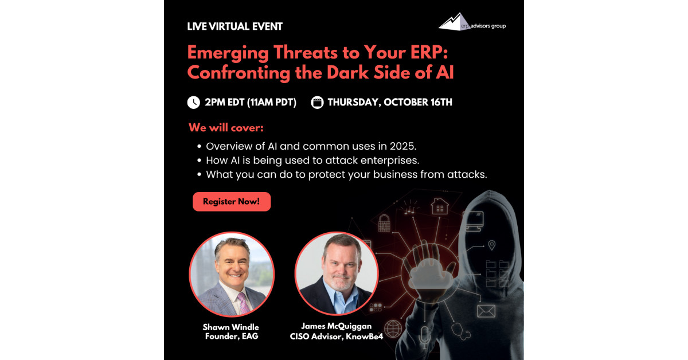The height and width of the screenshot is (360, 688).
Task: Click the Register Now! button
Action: click(x=232, y=202)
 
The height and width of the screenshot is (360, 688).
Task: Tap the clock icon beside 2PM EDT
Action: click(x=194, y=102)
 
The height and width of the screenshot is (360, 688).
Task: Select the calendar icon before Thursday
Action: click(x=317, y=102)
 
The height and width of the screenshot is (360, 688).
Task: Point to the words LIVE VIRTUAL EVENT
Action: click(x=234, y=26)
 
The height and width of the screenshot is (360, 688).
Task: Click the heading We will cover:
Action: click(x=226, y=127)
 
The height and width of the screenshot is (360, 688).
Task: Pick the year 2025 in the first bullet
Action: click(x=403, y=146)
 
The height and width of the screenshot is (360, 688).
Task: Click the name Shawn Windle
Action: click(x=230, y=327)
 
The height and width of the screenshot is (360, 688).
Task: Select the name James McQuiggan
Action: click(x=337, y=326)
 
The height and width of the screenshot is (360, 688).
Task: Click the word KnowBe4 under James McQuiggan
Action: click(x=364, y=336)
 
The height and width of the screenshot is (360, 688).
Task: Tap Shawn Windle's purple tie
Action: click(x=243, y=303)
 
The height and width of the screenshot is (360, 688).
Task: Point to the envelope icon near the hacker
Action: click(x=486, y=311)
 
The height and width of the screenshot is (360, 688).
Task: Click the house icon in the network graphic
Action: click(x=440, y=206)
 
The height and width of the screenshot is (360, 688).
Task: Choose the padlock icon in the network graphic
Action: click(x=384, y=223)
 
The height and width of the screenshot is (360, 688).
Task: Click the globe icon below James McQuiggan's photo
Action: click(x=393, y=328)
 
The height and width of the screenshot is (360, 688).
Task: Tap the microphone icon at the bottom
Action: click(x=424, y=337)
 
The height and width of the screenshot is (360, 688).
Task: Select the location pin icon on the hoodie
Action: click(x=492, y=245)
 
